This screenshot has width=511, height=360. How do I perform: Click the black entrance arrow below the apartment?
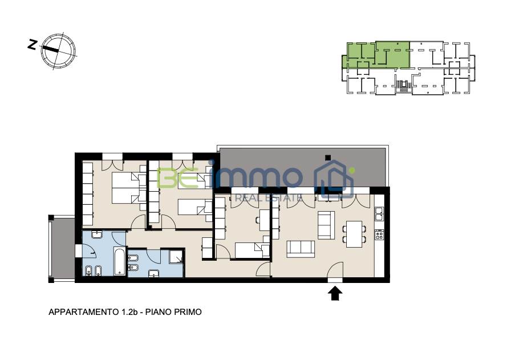(x=335, y=293)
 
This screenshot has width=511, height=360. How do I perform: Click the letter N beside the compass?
(x=31, y=45)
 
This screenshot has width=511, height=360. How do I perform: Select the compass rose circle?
(x=58, y=51)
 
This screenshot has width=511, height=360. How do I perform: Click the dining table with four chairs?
(x=354, y=234)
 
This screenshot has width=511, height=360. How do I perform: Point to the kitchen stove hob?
(x=379, y=234)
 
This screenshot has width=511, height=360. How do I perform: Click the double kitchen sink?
(x=379, y=213)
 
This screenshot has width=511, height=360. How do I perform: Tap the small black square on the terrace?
(x=328, y=158)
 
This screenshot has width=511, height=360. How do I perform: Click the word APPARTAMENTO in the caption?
(x=83, y=312)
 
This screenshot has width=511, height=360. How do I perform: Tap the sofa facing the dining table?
(x=326, y=225)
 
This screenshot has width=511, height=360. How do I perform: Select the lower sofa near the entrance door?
(x=301, y=249)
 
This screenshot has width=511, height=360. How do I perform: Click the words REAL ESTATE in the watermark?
(x=268, y=197)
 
